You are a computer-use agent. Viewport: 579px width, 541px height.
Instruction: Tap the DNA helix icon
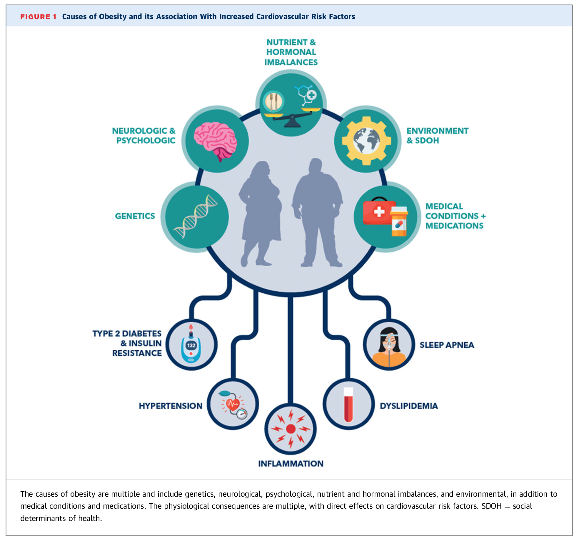click(x=196, y=216)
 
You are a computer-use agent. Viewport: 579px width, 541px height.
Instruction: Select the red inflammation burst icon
click(x=291, y=429)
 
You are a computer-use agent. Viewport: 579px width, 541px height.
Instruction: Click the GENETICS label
click(x=135, y=216)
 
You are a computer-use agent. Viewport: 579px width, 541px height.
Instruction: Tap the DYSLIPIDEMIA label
click(x=409, y=406)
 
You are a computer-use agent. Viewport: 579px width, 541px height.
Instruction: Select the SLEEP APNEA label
click(x=447, y=345)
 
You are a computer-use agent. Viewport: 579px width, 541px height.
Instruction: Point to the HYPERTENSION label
click(x=171, y=406)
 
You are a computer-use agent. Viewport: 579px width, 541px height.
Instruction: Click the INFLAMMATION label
click(x=291, y=463)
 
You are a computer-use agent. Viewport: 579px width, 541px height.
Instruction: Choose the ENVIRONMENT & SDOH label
click(x=437, y=135)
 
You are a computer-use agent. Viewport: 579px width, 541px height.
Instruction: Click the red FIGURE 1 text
click(x=38, y=17)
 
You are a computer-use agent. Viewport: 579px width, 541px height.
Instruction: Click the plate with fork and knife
click(x=273, y=101)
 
